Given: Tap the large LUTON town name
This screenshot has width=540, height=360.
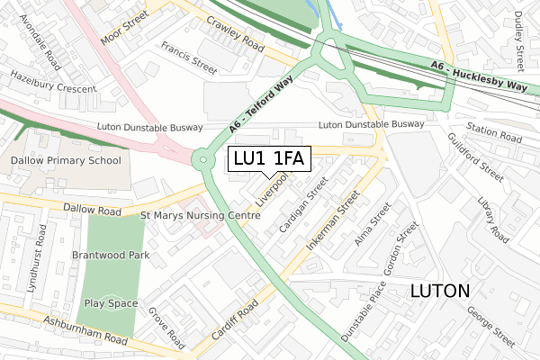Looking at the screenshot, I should click(x=439, y=291).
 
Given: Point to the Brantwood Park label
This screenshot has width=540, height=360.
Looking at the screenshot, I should click(x=112, y=256).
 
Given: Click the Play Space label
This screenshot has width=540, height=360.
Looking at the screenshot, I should click(x=111, y=303).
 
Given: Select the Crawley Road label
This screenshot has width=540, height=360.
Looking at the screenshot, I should click(x=234, y=33).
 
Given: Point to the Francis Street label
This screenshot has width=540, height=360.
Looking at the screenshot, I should click(x=189, y=56).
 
